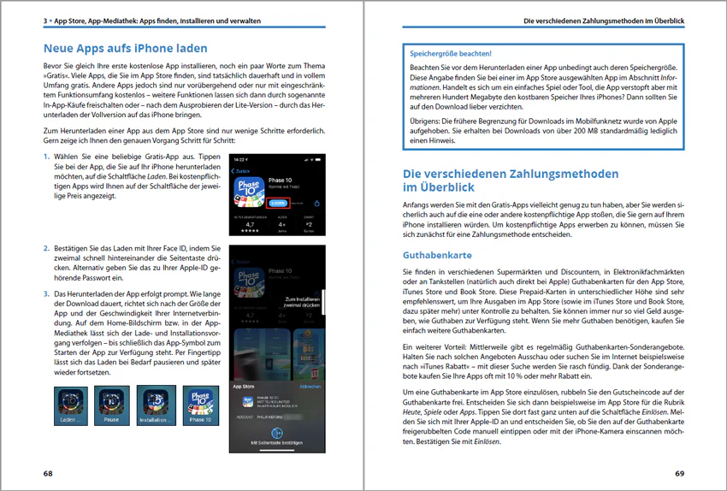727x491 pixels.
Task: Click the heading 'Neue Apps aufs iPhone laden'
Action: (125, 49)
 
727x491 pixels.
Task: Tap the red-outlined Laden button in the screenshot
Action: (278, 203)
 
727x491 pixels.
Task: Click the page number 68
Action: (48, 472)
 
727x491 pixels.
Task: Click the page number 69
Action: (679, 472)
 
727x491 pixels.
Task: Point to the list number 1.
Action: (46, 158)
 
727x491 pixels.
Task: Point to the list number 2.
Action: (46, 248)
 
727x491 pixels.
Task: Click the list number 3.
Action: (46, 293)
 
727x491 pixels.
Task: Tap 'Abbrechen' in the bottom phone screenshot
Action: (310, 387)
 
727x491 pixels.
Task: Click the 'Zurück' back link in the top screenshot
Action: (243, 171)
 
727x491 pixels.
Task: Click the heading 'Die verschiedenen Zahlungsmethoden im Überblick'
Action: (511, 180)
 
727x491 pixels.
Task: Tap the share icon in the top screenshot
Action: (316, 204)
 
